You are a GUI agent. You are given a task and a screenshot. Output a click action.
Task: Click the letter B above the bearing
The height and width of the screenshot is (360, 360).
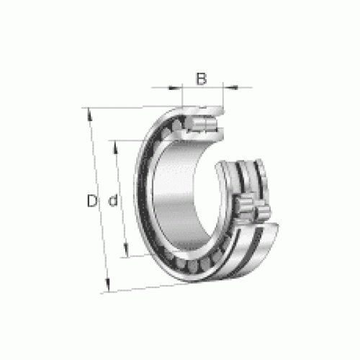coord(201,78)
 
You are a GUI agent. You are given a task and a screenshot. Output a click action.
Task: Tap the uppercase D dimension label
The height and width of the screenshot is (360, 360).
coord(92,201)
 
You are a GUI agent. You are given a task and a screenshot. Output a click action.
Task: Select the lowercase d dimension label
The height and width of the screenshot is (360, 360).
coord(113,201)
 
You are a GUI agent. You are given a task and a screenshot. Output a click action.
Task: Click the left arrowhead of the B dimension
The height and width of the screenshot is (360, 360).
coord(175,88)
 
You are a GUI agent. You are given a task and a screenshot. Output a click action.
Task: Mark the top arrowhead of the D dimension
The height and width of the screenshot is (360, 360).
coord(89,114)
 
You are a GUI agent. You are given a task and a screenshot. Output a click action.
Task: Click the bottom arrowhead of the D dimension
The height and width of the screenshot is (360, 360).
coord(108,285)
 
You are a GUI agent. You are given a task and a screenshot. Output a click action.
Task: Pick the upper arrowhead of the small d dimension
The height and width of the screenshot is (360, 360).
coord(115,147)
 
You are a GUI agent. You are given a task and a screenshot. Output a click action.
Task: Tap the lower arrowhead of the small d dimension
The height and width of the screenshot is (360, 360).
coord(126,250)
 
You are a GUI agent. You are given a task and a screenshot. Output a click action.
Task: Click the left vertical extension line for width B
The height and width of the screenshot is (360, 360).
coord(182,95)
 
